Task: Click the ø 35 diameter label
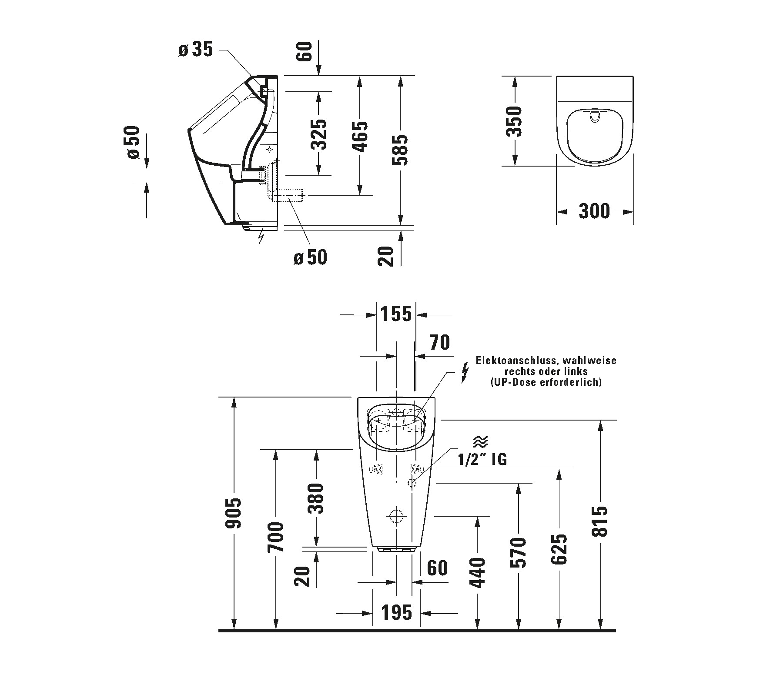tap(195, 50)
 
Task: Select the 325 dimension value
tap(320, 134)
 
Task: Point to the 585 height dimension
tap(400, 150)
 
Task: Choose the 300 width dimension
tap(594, 211)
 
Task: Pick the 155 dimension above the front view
tap(396, 314)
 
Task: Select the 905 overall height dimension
tap(234, 513)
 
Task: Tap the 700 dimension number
tap(275, 537)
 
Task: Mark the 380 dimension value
tap(316, 498)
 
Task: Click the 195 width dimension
tap(397, 612)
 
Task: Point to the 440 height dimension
tap(477, 572)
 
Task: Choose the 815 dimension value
tap(601, 521)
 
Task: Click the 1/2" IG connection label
tap(482, 459)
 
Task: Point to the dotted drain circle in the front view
tap(396, 516)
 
